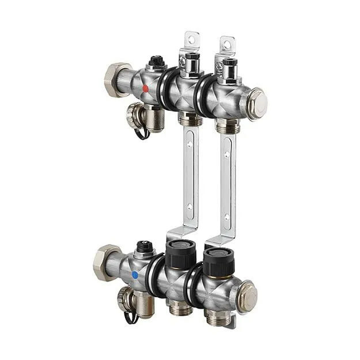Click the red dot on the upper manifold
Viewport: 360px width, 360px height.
pos(146,89)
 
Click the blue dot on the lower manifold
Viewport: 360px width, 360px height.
pos(135,275)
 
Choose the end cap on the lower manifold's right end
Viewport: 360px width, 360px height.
pos(248,294)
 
